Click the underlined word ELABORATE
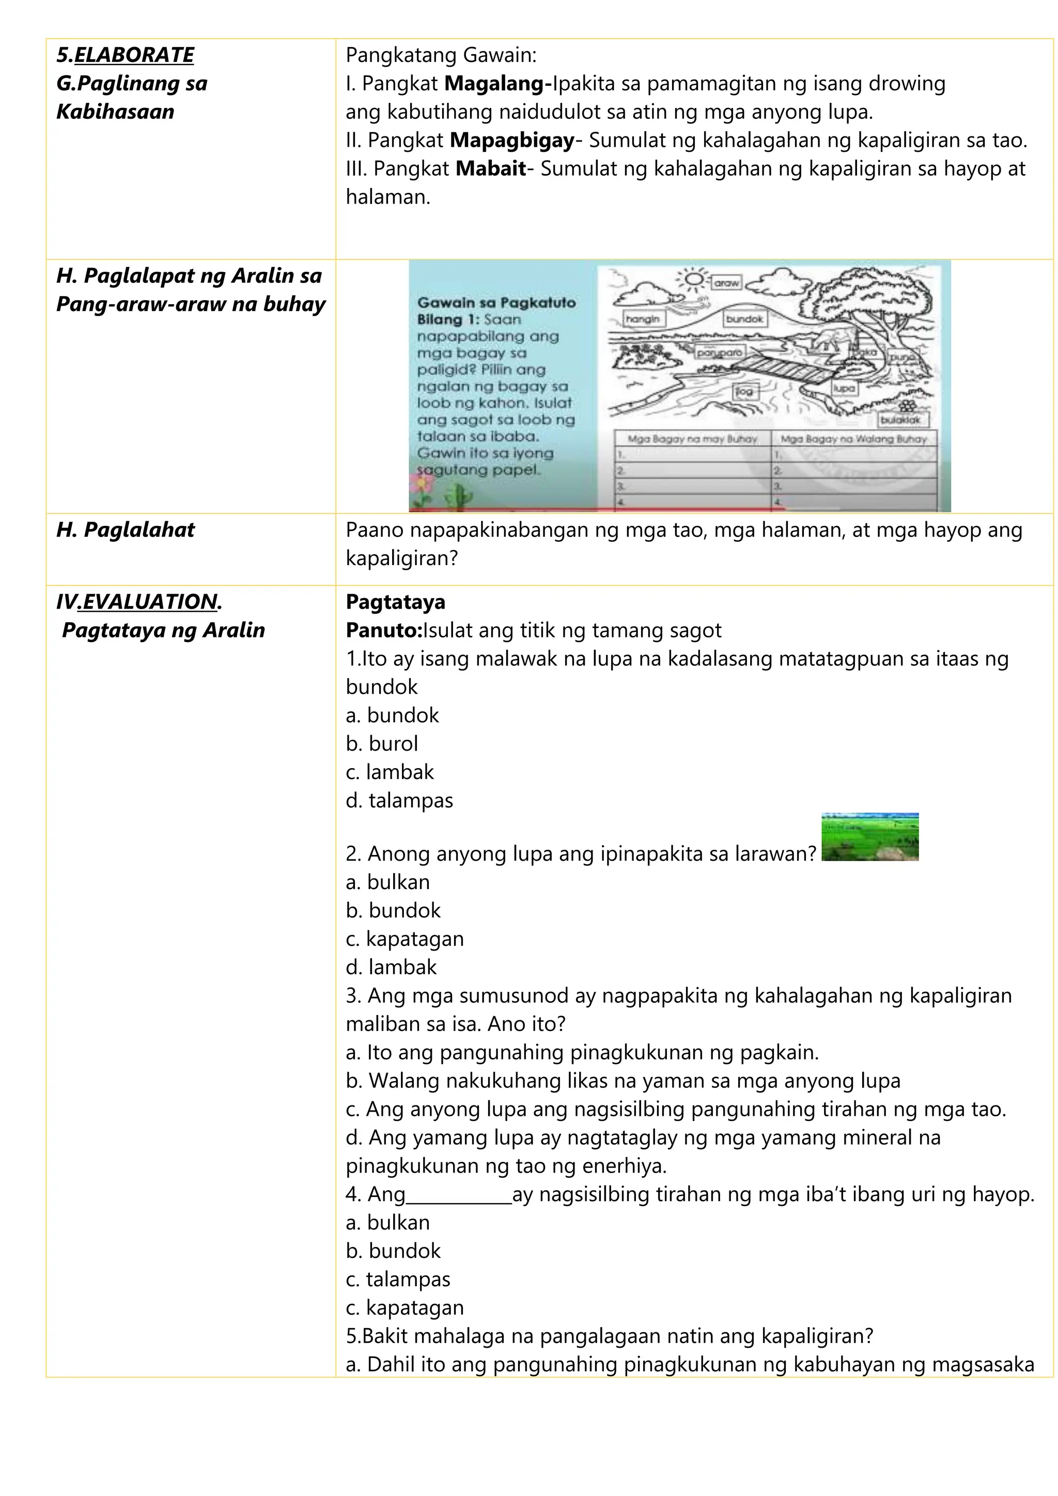134,55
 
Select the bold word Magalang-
499,83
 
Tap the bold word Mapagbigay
512,140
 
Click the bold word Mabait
491,169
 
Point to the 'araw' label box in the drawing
726,283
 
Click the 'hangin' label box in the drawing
642,319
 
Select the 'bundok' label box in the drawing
744,319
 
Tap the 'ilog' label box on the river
744,391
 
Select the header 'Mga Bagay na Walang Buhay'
853,439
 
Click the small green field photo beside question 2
870,837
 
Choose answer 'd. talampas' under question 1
399,800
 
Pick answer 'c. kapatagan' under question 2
404,939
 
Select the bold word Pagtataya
395,602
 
